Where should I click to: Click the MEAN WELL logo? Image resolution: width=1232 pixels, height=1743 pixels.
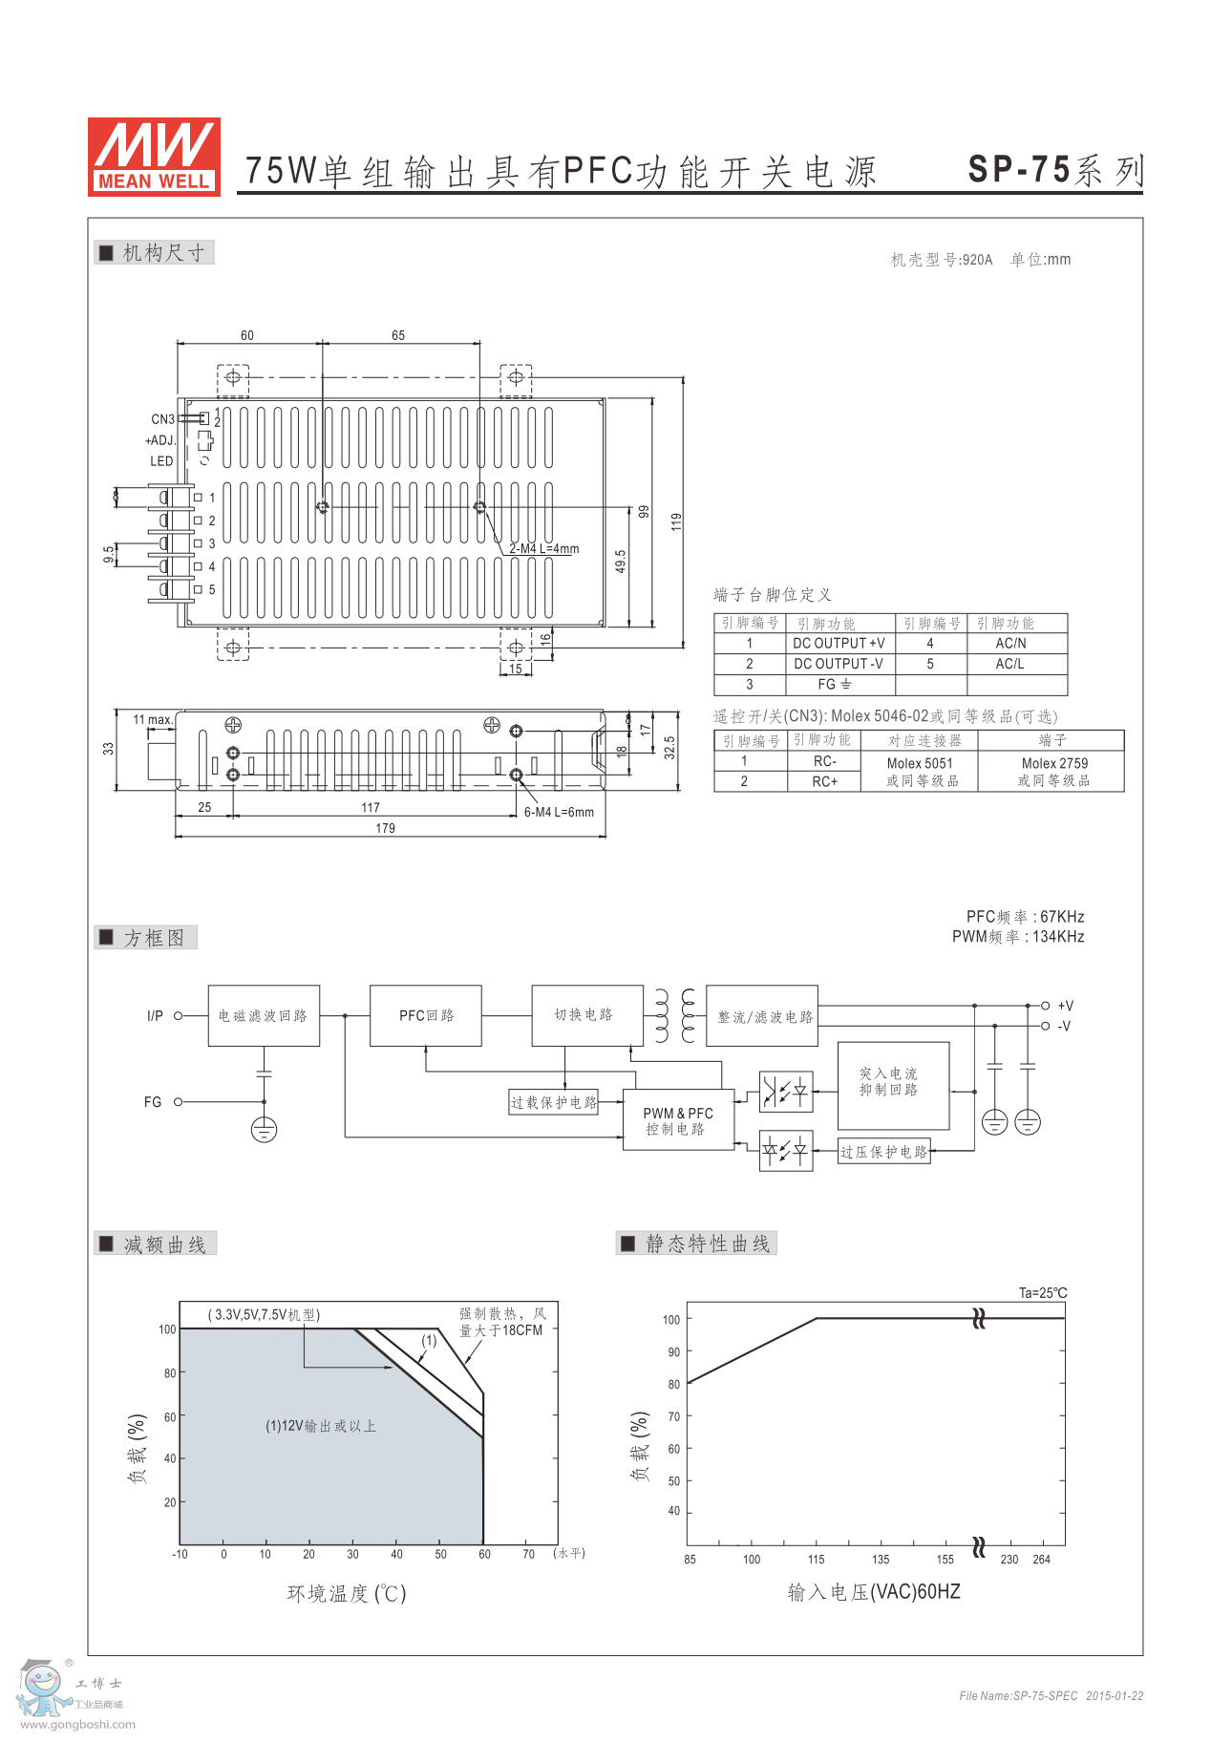coord(154,157)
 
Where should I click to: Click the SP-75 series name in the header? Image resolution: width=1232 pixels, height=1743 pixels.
coord(1054,170)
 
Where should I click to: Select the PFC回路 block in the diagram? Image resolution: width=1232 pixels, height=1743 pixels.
coord(426,1015)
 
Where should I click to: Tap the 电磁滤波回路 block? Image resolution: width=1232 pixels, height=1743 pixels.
coord(264,1015)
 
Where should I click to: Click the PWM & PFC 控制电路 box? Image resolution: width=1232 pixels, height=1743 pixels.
coord(678,1120)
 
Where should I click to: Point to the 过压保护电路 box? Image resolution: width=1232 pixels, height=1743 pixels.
coord(884,1152)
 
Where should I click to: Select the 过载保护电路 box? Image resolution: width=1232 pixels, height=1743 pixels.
coord(554,1102)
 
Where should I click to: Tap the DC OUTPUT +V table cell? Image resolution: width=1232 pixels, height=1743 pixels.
coord(839,644)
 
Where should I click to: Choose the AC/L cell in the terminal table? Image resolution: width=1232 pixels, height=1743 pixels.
coord(1009,664)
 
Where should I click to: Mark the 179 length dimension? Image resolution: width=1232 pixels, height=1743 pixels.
coord(385,828)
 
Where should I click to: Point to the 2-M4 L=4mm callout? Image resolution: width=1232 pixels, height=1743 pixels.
coord(543,549)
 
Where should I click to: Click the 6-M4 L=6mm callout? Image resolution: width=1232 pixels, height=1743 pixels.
coord(559,813)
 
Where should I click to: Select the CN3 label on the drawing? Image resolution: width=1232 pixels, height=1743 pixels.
coord(162,419)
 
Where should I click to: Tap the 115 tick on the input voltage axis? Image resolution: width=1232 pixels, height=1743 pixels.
coord(816,1560)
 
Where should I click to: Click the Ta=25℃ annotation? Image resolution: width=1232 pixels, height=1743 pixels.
coord(1043,1293)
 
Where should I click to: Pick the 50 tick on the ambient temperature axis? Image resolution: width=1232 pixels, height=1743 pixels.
coord(440,1554)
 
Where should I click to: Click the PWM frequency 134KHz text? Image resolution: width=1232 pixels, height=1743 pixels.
coord(1018,937)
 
